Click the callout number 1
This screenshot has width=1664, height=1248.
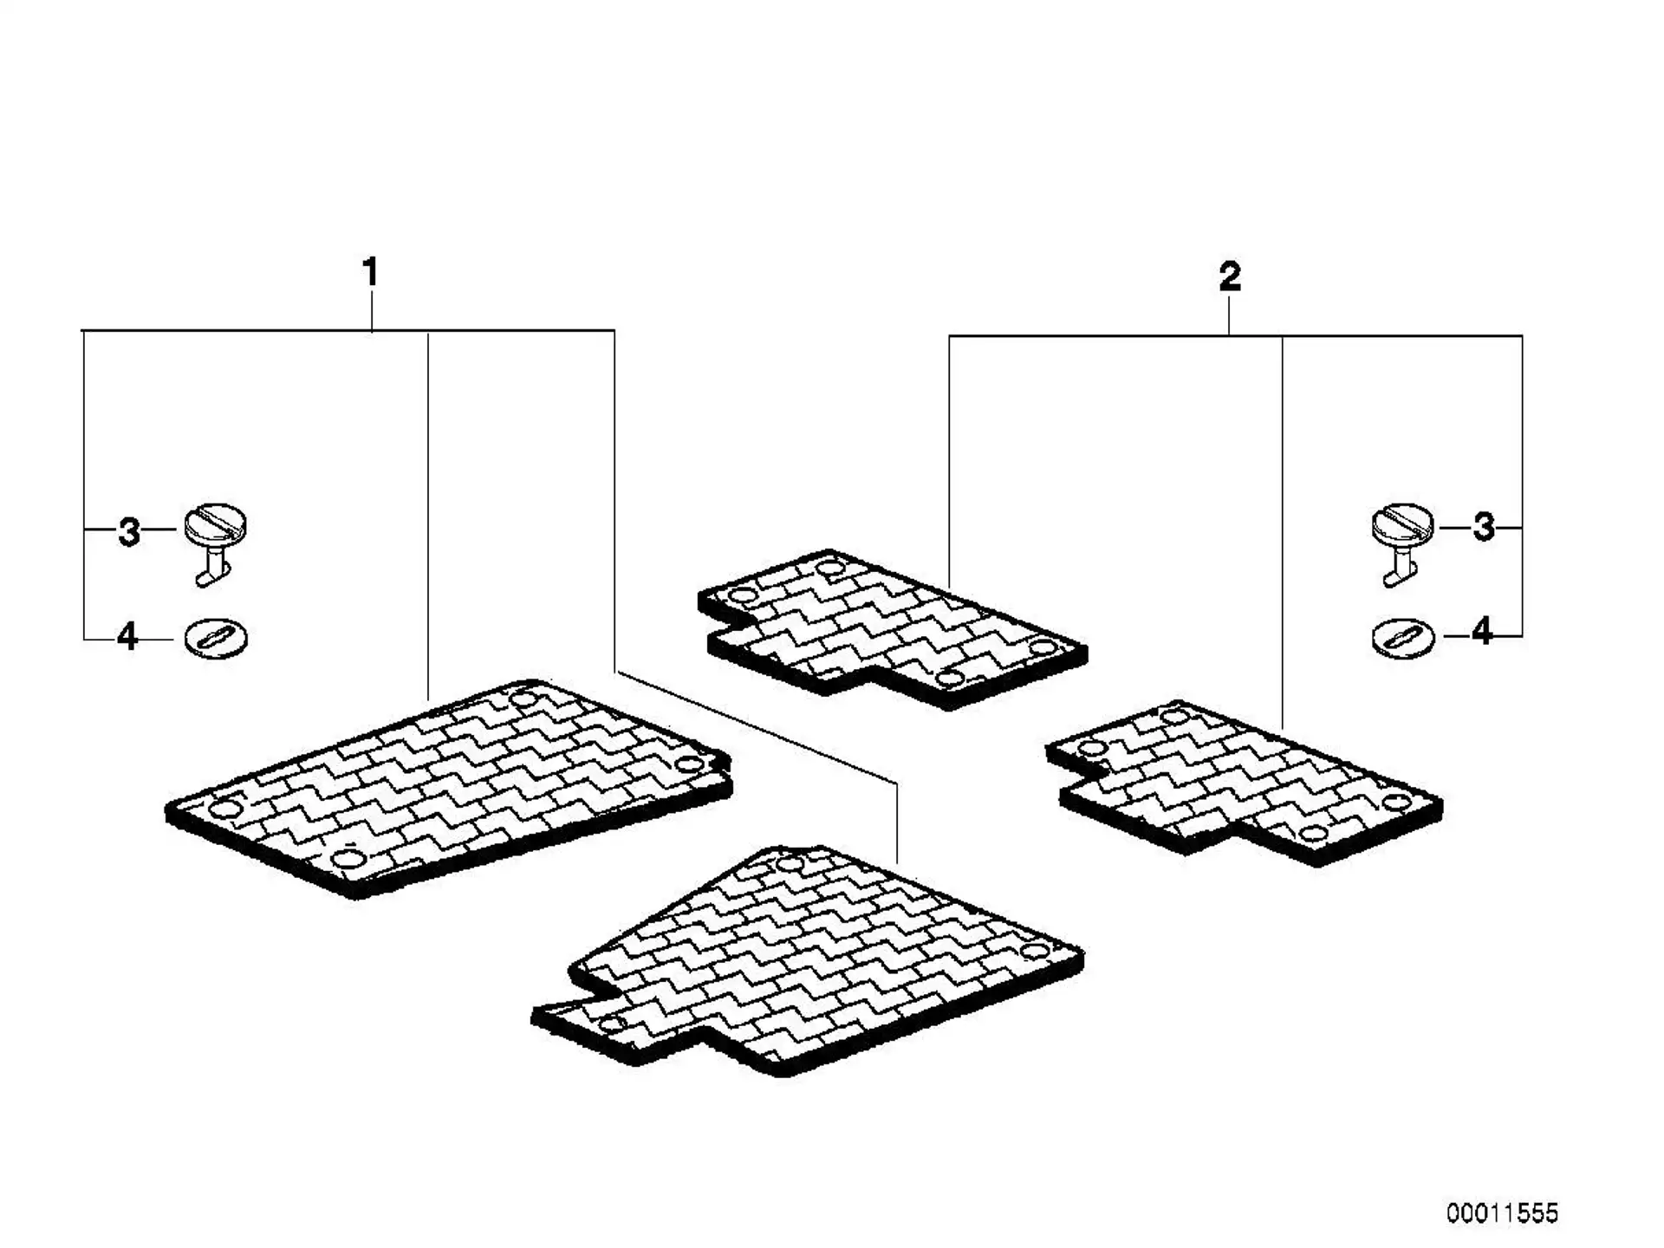[370, 273]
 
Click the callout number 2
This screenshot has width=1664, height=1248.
[1230, 277]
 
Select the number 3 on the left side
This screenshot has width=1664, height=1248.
[129, 531]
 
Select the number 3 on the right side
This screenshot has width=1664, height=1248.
[1484, 527]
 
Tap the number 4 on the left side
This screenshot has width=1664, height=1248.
[127, 637]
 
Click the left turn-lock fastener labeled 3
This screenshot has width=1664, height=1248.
[215, 543]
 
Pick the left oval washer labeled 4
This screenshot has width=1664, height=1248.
[216, 639]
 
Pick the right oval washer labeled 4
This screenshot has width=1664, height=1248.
[1403, 639]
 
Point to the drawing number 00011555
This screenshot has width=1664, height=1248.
[1502, 1212]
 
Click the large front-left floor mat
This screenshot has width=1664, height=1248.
[448, 787]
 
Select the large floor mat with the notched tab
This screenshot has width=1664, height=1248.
[808, 960]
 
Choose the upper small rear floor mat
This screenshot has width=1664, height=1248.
[892, 628]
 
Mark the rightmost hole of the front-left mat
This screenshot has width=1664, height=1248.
[690, 764]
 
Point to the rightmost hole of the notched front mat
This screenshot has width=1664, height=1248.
[1033, 951]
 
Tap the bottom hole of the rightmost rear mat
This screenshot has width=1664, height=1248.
[1314, 834]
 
